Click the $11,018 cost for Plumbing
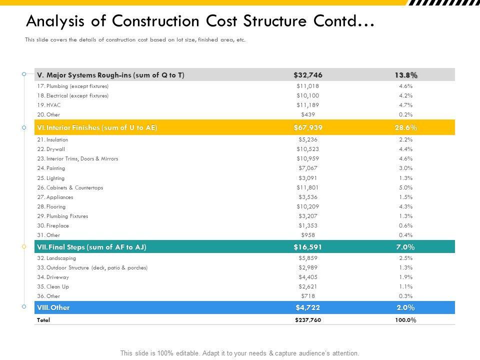click(307, 86)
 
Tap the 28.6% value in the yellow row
click(405, 127)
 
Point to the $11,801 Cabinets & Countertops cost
click(307, 187)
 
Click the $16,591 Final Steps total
click(307, 247)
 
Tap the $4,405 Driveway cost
click(307, 277)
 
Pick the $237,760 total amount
click(308, 320)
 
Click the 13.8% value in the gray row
click(405, 75)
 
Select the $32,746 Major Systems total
click(308, 75)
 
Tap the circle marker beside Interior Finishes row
click(24, 127)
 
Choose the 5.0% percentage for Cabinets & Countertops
click(405, 187)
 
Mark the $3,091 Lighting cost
click(307, 178)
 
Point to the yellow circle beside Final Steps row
click(24, 247)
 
